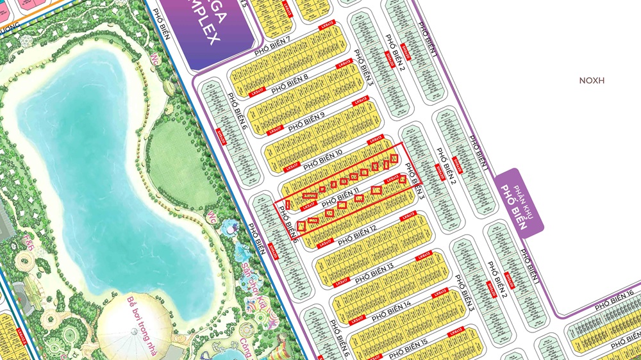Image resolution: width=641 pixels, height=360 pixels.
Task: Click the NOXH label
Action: (592, 81)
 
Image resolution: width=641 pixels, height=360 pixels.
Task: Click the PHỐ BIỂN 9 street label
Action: (306, 120)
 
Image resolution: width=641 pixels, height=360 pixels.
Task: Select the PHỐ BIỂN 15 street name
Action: (408, 348)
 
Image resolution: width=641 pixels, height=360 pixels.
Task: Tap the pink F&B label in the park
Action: (27, 241)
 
